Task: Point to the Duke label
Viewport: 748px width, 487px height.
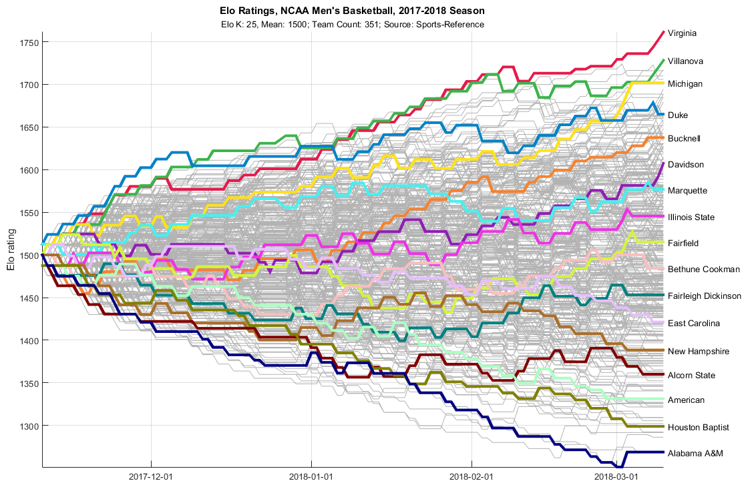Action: (678, 115)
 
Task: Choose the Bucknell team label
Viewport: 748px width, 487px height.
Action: (684, 139)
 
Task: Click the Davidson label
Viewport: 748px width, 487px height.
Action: (685, 165)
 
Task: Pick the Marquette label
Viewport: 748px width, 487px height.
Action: (687, 191)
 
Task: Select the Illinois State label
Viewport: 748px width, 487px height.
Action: (691, 217)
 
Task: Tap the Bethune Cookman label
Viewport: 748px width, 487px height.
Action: (704, 270)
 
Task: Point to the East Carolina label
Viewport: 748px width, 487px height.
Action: (694, 324)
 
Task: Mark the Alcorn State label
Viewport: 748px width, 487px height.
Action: (691, 376)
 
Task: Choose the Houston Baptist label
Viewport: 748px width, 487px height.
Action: (698, 427)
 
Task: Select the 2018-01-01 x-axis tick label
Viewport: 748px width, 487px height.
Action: (312, 477)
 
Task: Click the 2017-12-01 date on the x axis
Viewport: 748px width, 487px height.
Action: (152, 477)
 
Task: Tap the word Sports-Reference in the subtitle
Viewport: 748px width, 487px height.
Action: (451, 25)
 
